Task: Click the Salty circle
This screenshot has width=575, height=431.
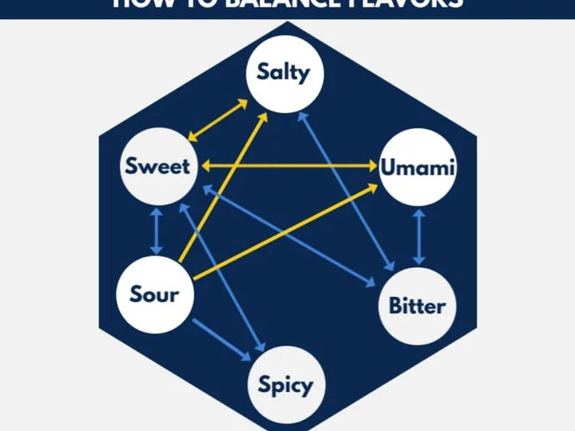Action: tap(283, 72)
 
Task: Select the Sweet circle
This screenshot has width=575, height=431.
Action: tap(157, 166)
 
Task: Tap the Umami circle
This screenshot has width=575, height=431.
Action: tap(417, 166)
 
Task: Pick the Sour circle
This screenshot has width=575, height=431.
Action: tap(154, 294)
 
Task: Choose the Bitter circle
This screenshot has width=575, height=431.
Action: tap(417, 305)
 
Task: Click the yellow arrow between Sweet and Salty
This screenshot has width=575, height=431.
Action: tap(217, 120)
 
